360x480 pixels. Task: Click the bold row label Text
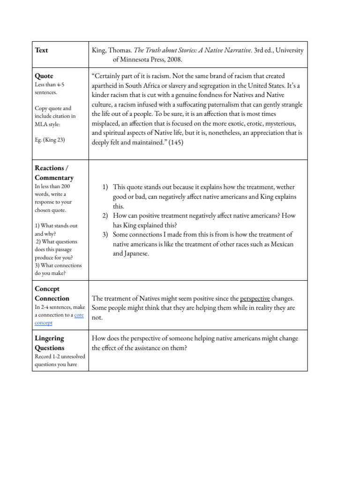41,50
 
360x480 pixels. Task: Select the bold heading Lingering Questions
50,343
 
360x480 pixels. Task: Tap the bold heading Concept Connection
52,293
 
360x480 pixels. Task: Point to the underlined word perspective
255,298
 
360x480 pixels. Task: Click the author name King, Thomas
111,50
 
